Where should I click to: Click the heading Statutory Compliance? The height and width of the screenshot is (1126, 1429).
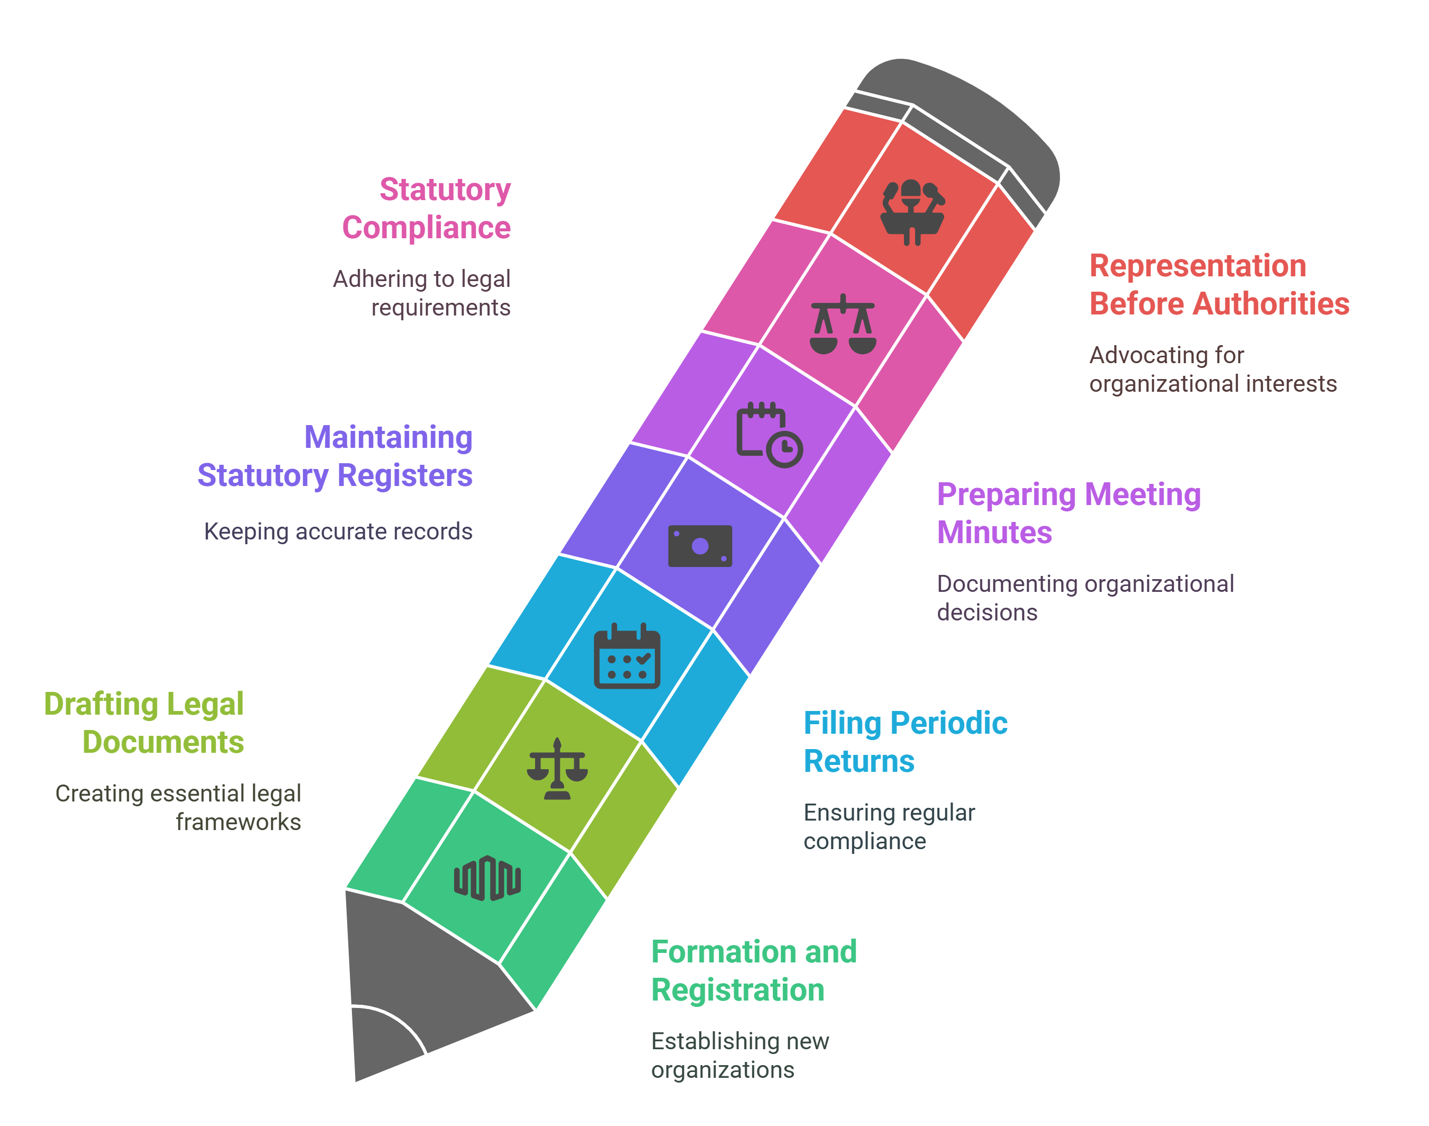tap(427, 209)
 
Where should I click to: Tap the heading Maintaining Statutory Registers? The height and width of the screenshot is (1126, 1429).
tap(335, 456)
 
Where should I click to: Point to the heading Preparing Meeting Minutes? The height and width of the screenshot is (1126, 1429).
tap(1068, 513)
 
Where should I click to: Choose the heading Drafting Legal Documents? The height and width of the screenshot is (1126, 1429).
tap(144, 723)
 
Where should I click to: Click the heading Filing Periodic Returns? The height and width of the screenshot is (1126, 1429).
tap(905, 742)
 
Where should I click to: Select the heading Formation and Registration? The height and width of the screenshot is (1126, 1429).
tap(753, 970)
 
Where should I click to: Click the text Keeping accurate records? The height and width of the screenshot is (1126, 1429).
tap(338, 532)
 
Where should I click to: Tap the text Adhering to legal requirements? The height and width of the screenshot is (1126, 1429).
tap(422, 293)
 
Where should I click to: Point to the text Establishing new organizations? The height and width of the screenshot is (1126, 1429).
tap(739, 1055)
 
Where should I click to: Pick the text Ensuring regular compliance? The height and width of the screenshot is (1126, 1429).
tap(889, 827)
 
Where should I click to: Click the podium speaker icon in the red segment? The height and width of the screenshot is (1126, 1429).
tap(912, 212)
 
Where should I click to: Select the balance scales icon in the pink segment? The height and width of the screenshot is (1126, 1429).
tap(843, 325)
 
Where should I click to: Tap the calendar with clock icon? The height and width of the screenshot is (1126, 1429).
tap(769, 435)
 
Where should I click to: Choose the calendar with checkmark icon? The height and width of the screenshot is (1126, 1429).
tap(626, 656)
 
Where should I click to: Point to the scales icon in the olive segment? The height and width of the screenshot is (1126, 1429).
tap(557, 769)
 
